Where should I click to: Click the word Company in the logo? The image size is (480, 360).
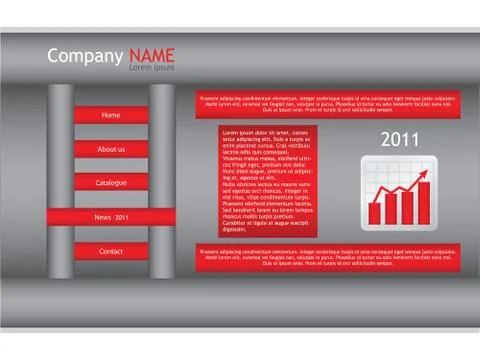pyautogui.click(x=85, y=56)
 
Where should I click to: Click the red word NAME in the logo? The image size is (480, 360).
pyautogui.click(x=152, y=56)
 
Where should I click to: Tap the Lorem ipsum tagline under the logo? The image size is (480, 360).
pyautogui.click(x=151, y=68)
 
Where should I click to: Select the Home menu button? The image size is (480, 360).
pyautogui.click(x=111, y=115)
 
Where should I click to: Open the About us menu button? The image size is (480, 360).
pyautogui.click(x=111, y=149)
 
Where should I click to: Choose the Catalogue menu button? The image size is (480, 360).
pyautogui.click(x=111, y=183)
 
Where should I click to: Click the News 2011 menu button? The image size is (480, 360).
pyautogui.click(x=111, y=217)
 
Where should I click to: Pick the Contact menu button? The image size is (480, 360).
pyautogui.click(x=111, y=251)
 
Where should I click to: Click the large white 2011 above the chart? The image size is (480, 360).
pyautogui.click(x=400, y=140)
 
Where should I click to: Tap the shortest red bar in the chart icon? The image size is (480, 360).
pyautogui.click(x=375, y=213)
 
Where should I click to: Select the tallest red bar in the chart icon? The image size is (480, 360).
pyautogui.click(x=423, y=202)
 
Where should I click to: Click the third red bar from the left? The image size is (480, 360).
pyautogui.click(x=407, y=207)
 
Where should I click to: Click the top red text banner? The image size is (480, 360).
pyautogui.click(x=329, y=103)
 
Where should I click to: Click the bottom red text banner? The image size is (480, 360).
pyautogui.click(x=329, y=257)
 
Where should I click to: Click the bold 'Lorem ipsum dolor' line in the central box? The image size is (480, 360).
pyautogui.click(x=263, y=132)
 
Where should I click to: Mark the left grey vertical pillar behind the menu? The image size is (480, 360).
pyautogui.click(x=61, y=180)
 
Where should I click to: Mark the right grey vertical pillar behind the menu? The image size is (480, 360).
pyautogui.click(x=162, y=180)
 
